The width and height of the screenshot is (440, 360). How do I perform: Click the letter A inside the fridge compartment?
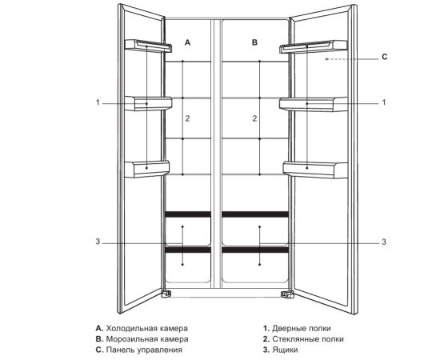tap(187, 42)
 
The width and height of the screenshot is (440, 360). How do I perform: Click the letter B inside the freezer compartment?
tap(254, 42)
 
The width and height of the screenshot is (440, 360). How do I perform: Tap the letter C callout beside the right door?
tap(385, 57)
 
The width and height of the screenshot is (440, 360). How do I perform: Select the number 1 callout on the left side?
tap(98, 102)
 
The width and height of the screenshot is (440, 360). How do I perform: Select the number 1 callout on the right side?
tap(384, 102)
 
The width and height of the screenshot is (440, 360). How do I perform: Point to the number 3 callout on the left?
tap(98, 242)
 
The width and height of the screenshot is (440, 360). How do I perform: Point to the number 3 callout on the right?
tap(384, 242)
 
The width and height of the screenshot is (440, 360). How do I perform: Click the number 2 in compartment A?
tap(187, 118)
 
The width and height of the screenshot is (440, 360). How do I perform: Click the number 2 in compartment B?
tap(254, 118)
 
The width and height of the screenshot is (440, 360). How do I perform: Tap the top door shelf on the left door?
tap(148, 46)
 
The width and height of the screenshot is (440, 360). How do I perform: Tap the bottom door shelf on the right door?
tap(315, 169)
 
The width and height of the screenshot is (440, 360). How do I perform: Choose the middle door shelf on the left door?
tap(148, 103)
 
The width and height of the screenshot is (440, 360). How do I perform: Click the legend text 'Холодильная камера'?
tap(147, 328)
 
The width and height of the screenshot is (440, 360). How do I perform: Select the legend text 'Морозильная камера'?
tap(147, 339)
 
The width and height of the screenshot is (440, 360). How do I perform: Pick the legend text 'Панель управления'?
tap(144, 350)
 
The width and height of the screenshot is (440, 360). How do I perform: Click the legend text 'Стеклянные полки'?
tap(308, 339)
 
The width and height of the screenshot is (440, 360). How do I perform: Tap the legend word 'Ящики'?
tap(285, 350)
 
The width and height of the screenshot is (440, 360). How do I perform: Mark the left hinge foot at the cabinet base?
tap(166, 294)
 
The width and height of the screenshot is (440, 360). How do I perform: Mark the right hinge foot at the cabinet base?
tap(286, 294)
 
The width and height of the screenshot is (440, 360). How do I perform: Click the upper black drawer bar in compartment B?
tap(255, 214)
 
